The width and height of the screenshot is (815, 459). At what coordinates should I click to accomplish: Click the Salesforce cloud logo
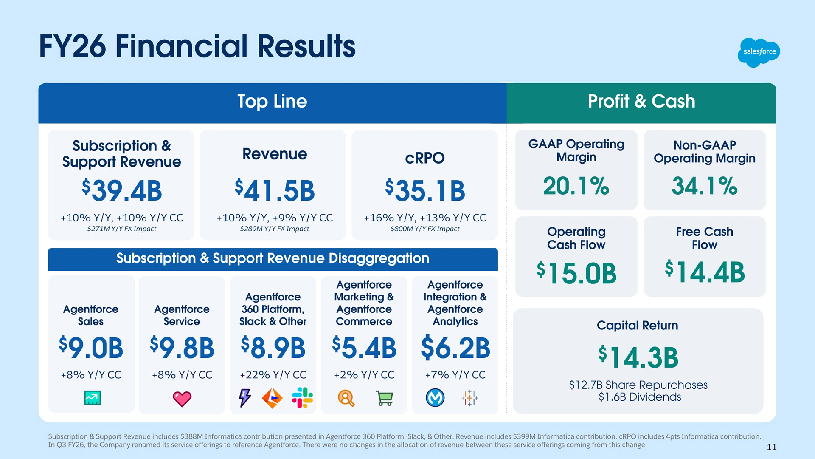click(x=759, y=52)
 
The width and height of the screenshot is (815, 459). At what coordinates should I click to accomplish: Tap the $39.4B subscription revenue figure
click(x=122, y=190)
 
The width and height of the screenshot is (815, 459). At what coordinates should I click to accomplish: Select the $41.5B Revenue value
click(x=275, y=190)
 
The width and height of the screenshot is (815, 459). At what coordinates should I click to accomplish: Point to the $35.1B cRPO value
click(x=425, y=190)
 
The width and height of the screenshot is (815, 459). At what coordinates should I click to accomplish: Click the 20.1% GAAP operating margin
click(x=576, y=186)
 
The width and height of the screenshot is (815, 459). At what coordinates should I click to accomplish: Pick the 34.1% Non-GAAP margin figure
click(x=704, y=186)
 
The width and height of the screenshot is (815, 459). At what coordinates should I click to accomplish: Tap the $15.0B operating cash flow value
click(x=576, y=272)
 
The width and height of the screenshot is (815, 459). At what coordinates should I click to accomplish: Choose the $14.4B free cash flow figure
click(x=705, y=272)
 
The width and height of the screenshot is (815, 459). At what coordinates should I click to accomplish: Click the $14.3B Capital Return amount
click(x=638, y=357)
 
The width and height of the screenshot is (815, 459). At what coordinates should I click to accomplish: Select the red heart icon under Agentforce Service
click(x=182, y=399)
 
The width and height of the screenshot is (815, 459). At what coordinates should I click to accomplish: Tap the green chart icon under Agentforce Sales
click(x=93, y=398)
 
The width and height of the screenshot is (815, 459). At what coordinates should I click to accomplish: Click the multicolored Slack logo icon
click(x=302, y=398)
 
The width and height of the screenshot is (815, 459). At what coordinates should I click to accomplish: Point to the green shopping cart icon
click(x=385, y=398)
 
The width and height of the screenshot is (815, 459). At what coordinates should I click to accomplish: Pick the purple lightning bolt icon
click(x=244, y=398)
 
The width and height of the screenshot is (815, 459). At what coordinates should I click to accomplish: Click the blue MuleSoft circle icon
click(x=435, y=398)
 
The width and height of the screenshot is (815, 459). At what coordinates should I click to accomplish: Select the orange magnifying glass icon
click(x=346, y=398)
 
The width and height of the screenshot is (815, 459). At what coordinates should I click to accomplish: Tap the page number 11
click(x=771, y=447)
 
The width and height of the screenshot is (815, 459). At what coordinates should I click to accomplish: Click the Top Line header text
click(x=272, y=102)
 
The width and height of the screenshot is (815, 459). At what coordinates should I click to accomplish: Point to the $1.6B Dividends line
click(x=639, y=397)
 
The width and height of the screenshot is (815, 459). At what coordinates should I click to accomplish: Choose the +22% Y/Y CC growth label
click(x=273, y=375)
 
